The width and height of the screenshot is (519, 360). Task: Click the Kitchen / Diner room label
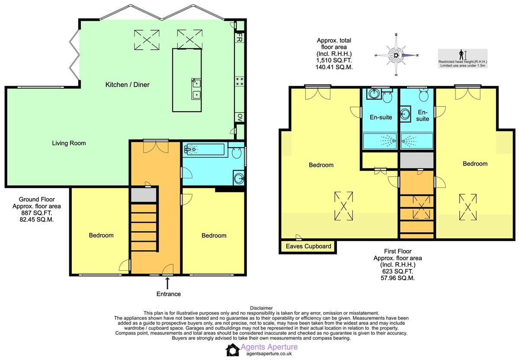(127, 85)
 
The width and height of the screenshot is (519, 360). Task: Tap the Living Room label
(69, 143)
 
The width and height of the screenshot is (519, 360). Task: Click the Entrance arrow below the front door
(167, 283)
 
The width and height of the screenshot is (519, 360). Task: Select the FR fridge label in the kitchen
(239, 39)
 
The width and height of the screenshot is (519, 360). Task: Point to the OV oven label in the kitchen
(239, 117)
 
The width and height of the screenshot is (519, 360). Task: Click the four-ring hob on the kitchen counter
(239, 81)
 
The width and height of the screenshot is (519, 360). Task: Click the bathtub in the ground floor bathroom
(205, 150)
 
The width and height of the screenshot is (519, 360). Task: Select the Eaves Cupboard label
(308, 247)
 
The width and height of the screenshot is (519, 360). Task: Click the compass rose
(397, 55)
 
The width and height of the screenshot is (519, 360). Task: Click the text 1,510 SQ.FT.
(334, 61)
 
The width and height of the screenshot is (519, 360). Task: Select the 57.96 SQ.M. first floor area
(397, 278)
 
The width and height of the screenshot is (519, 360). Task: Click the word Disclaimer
(261, 308)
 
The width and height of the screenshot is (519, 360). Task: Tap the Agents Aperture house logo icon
(233, 350)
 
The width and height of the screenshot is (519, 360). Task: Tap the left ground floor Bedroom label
(101, 235)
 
